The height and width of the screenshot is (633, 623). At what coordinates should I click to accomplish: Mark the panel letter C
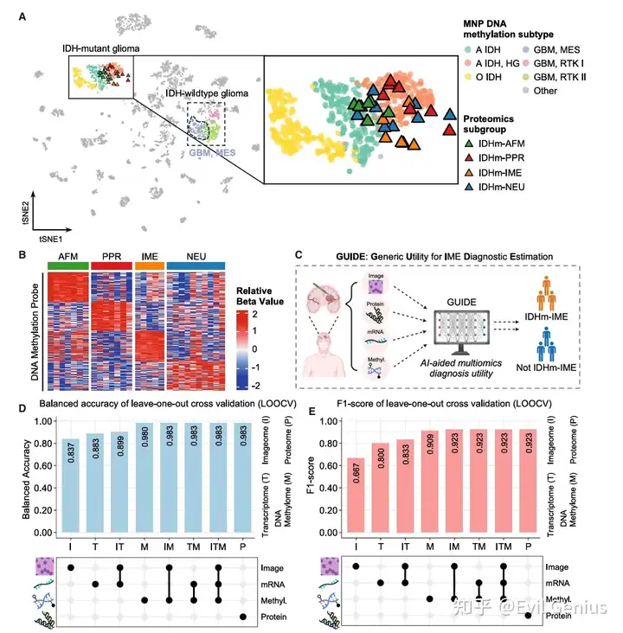point(299,254)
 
